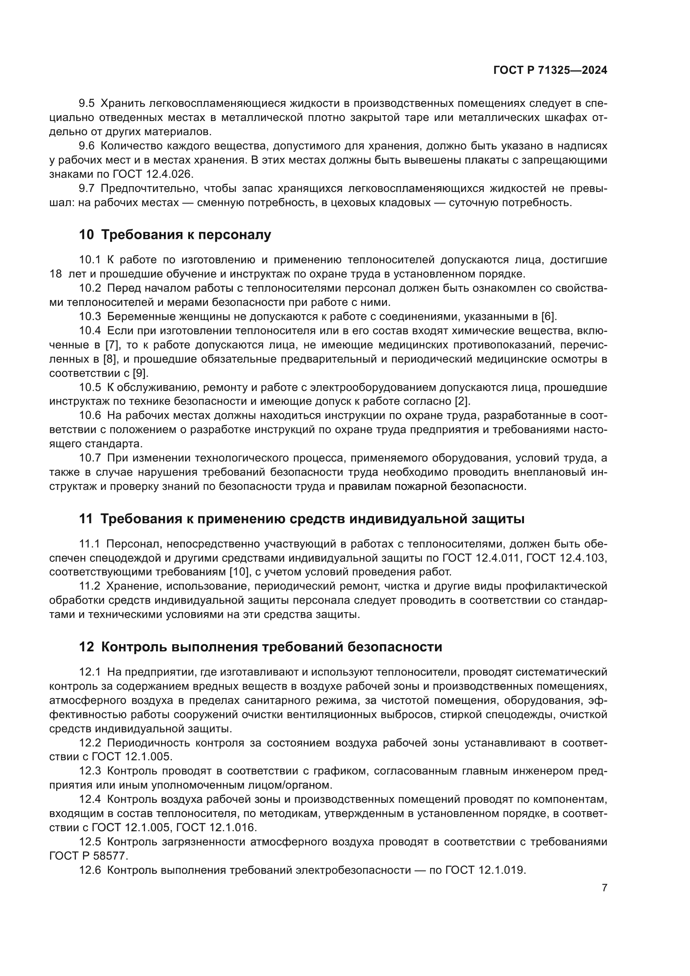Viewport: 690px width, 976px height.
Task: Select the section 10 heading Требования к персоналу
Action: click(175, 235)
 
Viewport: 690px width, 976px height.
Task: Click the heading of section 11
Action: click(302, 519)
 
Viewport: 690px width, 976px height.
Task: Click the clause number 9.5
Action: click(87, 103)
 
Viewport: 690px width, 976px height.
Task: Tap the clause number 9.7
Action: click(87, 188)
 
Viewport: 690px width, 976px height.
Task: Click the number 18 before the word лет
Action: click(55, 274)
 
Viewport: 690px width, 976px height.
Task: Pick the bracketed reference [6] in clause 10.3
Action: click(549, 316)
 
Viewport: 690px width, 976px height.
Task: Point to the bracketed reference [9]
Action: click(141, 373)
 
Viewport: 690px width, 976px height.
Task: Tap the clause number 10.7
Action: click(90, 458)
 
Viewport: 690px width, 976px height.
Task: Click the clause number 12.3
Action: click(90, 771)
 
